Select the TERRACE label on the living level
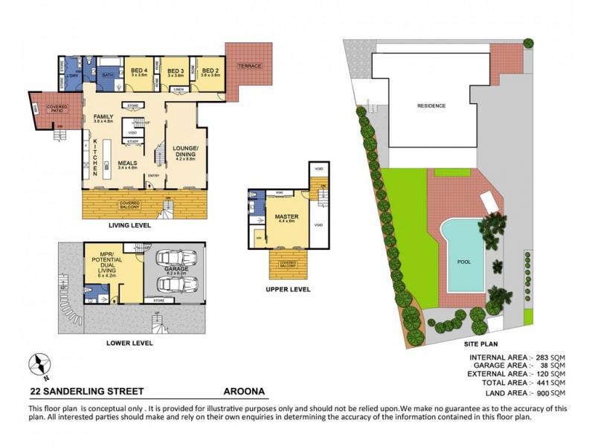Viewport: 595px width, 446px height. [x=249, y=66]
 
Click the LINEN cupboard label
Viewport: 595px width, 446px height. [x=178, y=89]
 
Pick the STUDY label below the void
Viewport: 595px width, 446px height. [x=132, y=140]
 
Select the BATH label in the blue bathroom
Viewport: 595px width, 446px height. [x=106, y=74]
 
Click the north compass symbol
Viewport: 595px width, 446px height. [x=39, y=364]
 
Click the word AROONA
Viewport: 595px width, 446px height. [x=244, y=390]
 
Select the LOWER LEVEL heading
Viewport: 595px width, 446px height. [x=129, y=343]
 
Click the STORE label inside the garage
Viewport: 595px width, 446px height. [x=158, y=301]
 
